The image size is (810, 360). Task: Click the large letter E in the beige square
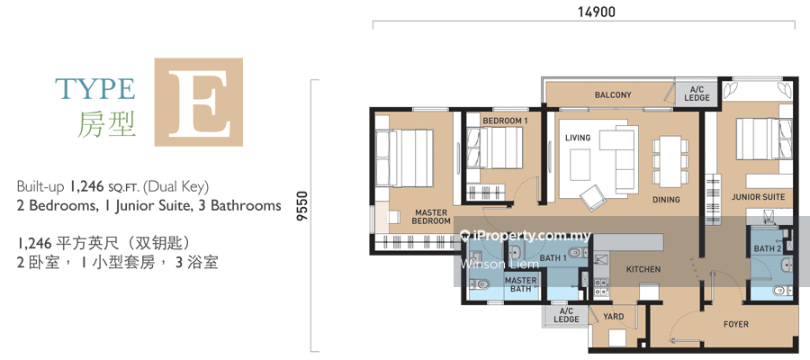coord(198,103)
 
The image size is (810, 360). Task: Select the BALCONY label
coord(613,95)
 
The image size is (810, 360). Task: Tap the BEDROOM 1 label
coord(505,121)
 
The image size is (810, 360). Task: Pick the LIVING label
coord(578,138)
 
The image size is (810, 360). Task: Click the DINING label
coord(666,200)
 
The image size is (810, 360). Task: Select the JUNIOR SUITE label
coord(758,197)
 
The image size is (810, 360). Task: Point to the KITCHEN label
coord(643,269)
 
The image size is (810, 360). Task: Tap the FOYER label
coord(735,324)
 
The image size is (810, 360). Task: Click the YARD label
coord(613,317)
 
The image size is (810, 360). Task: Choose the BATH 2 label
coord(768,249)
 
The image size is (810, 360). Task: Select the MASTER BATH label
coord(520,284)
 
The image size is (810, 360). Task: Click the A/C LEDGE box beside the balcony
coord(697,94)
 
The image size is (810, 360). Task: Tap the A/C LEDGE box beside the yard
coord(566,316)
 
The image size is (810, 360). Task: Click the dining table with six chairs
coord(670,162)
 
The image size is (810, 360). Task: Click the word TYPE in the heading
coord(95,89)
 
